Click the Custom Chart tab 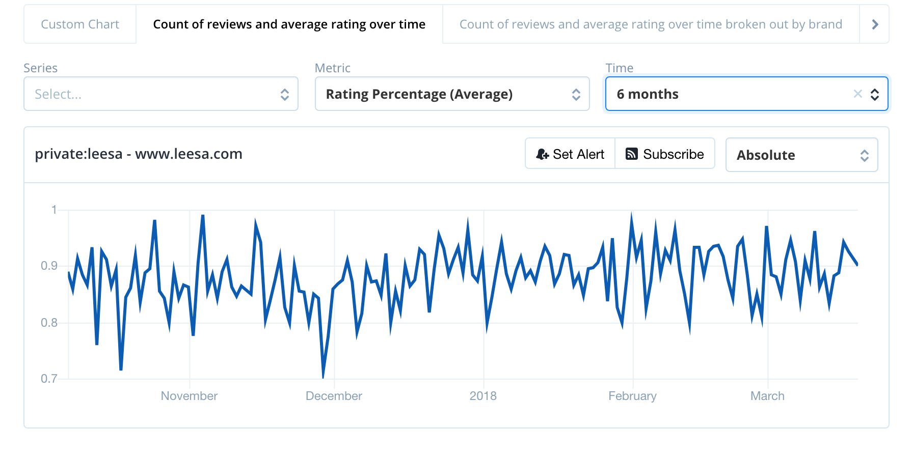(80, 24)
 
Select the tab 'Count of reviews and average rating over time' (289, 24)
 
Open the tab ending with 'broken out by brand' (651, 24)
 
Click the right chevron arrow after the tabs (875, 24)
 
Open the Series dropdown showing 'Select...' (160, 94)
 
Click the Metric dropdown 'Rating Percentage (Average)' (452, 94)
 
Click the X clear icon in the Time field (857, 94)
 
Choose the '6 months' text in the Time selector (647, 94)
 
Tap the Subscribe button (665, 154)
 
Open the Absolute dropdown (801, 155)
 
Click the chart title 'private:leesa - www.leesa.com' (139, 154)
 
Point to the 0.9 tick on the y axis (49, 266)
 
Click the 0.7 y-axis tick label (49, 379)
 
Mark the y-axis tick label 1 (54, 210)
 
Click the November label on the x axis (189, 396)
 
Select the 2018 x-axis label (482, 396)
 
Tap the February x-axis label (632, 396)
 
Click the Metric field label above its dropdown (332, 68)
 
